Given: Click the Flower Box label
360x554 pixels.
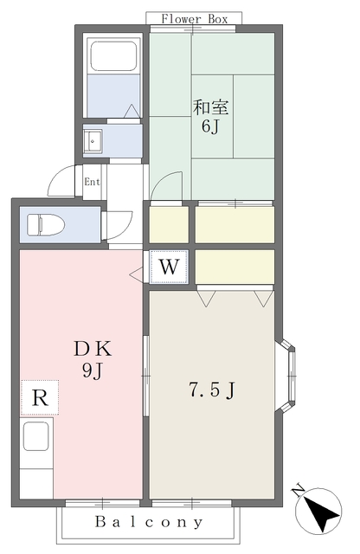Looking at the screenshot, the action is point(195,19).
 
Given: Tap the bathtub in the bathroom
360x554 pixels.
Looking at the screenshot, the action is point(113,56).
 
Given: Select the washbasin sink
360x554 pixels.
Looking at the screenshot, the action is point(93,141).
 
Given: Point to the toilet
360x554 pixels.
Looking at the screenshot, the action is point(46,225).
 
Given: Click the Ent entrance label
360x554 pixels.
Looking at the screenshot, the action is point(92,182).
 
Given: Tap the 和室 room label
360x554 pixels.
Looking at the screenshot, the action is point(210,107).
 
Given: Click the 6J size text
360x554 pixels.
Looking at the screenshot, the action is point(210,126).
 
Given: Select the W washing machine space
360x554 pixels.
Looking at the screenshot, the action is point(169,267).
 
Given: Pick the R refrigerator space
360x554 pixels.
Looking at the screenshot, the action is point(40,397).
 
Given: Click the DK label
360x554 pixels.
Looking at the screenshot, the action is point(93,349).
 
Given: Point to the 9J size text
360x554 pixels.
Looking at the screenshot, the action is point(93,370).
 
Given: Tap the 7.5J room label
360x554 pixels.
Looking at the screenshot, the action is point(212,390).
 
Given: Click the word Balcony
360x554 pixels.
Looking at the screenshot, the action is point(149,521).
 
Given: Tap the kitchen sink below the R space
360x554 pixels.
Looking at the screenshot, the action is point(35,436).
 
